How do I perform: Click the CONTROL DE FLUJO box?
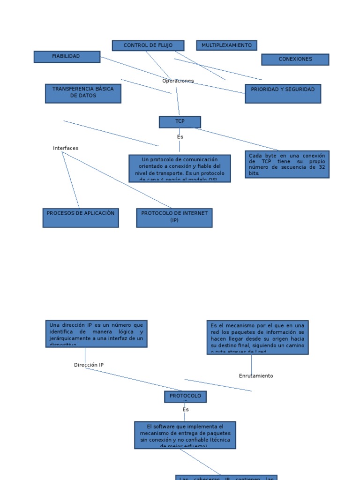[x=148, y=45]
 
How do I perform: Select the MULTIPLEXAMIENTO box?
[x=226, y=45]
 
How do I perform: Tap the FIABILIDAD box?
[x=67, y=57]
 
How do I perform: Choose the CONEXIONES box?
[x=295, y=60]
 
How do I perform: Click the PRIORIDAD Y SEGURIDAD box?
[x=283, y=94]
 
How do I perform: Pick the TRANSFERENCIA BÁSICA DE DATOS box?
[x=83, y=93]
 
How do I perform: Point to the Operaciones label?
[x=178, y=81]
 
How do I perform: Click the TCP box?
[x=180, y=122]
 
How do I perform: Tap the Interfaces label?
[x=66, y=148]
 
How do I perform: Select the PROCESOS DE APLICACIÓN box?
[x=81, y=217]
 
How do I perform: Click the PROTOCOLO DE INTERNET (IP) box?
[x=174, y=217]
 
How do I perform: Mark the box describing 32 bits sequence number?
[x=287, y=164]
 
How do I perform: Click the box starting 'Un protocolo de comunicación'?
[x=180, y=168]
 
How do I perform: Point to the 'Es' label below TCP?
[x=180, y=137]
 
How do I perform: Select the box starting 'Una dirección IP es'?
[x=97, y=334]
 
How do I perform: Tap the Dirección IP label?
[x=89, y=365]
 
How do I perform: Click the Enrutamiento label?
[x=256, y=376]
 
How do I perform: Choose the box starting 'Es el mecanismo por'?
[x=257, y=337]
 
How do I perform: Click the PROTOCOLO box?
[x=185, y=397]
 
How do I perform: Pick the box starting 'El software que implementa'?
[x=185, y=435]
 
